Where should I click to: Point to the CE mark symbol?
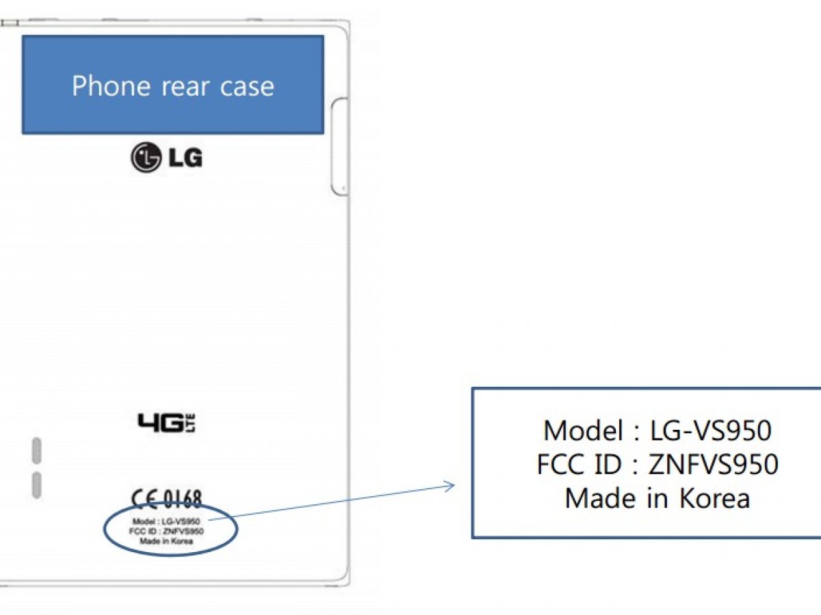[145, 500]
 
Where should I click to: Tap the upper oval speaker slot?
[36, 450]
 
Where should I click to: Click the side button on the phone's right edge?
[339, 146]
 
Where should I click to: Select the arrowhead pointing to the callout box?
[449, 486]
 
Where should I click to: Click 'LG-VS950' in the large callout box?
[712, 431]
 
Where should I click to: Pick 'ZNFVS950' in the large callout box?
[713, 465]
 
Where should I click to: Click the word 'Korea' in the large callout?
[714, 498]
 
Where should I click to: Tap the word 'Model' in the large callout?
[582, 431]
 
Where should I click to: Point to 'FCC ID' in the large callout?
[579, 465]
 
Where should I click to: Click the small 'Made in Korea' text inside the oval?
[166, 541]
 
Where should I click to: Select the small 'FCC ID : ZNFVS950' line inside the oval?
[166, 531]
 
